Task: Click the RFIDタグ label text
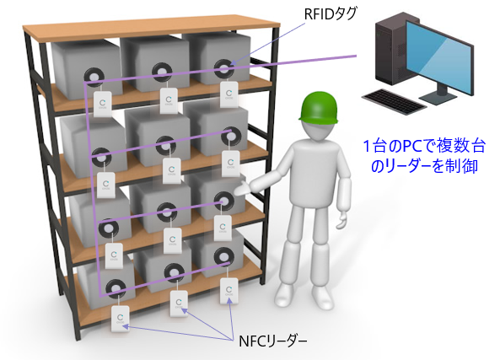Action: [331, 13]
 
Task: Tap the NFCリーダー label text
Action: [273, 341]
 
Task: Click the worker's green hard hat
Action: [318, 109]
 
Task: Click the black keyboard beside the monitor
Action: [394, 100]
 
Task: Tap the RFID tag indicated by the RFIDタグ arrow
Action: [224, 67]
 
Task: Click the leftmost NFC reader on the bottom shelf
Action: [121, 318]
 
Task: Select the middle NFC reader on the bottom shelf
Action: [179, 304]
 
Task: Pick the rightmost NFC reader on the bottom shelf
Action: [228, 291]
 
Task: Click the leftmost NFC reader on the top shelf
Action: [102, 104]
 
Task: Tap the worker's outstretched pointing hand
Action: [245, 188]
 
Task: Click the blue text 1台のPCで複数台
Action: [424, 147]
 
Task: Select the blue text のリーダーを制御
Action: [424, 166]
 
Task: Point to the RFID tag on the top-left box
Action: [94, 77]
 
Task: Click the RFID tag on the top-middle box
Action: [163, 72]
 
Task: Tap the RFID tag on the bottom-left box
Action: [116, 288]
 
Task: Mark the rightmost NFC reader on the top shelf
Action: [229, 94]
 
